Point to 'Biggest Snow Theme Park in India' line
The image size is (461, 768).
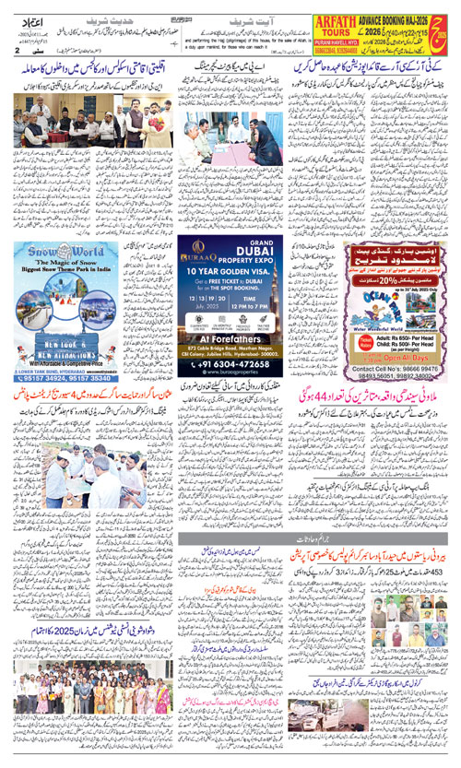pos(65,273)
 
